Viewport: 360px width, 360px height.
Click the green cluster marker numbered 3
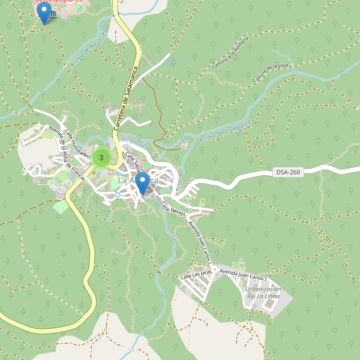pos(101,158)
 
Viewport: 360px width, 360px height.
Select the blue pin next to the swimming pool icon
pos(44,13)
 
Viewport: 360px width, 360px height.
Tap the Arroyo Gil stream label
pos(134,141)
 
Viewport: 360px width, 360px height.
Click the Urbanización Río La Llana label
pos(263,296)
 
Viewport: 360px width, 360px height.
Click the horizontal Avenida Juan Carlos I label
pos(243,275)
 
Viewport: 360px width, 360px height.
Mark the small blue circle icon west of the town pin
pos(118,194)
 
